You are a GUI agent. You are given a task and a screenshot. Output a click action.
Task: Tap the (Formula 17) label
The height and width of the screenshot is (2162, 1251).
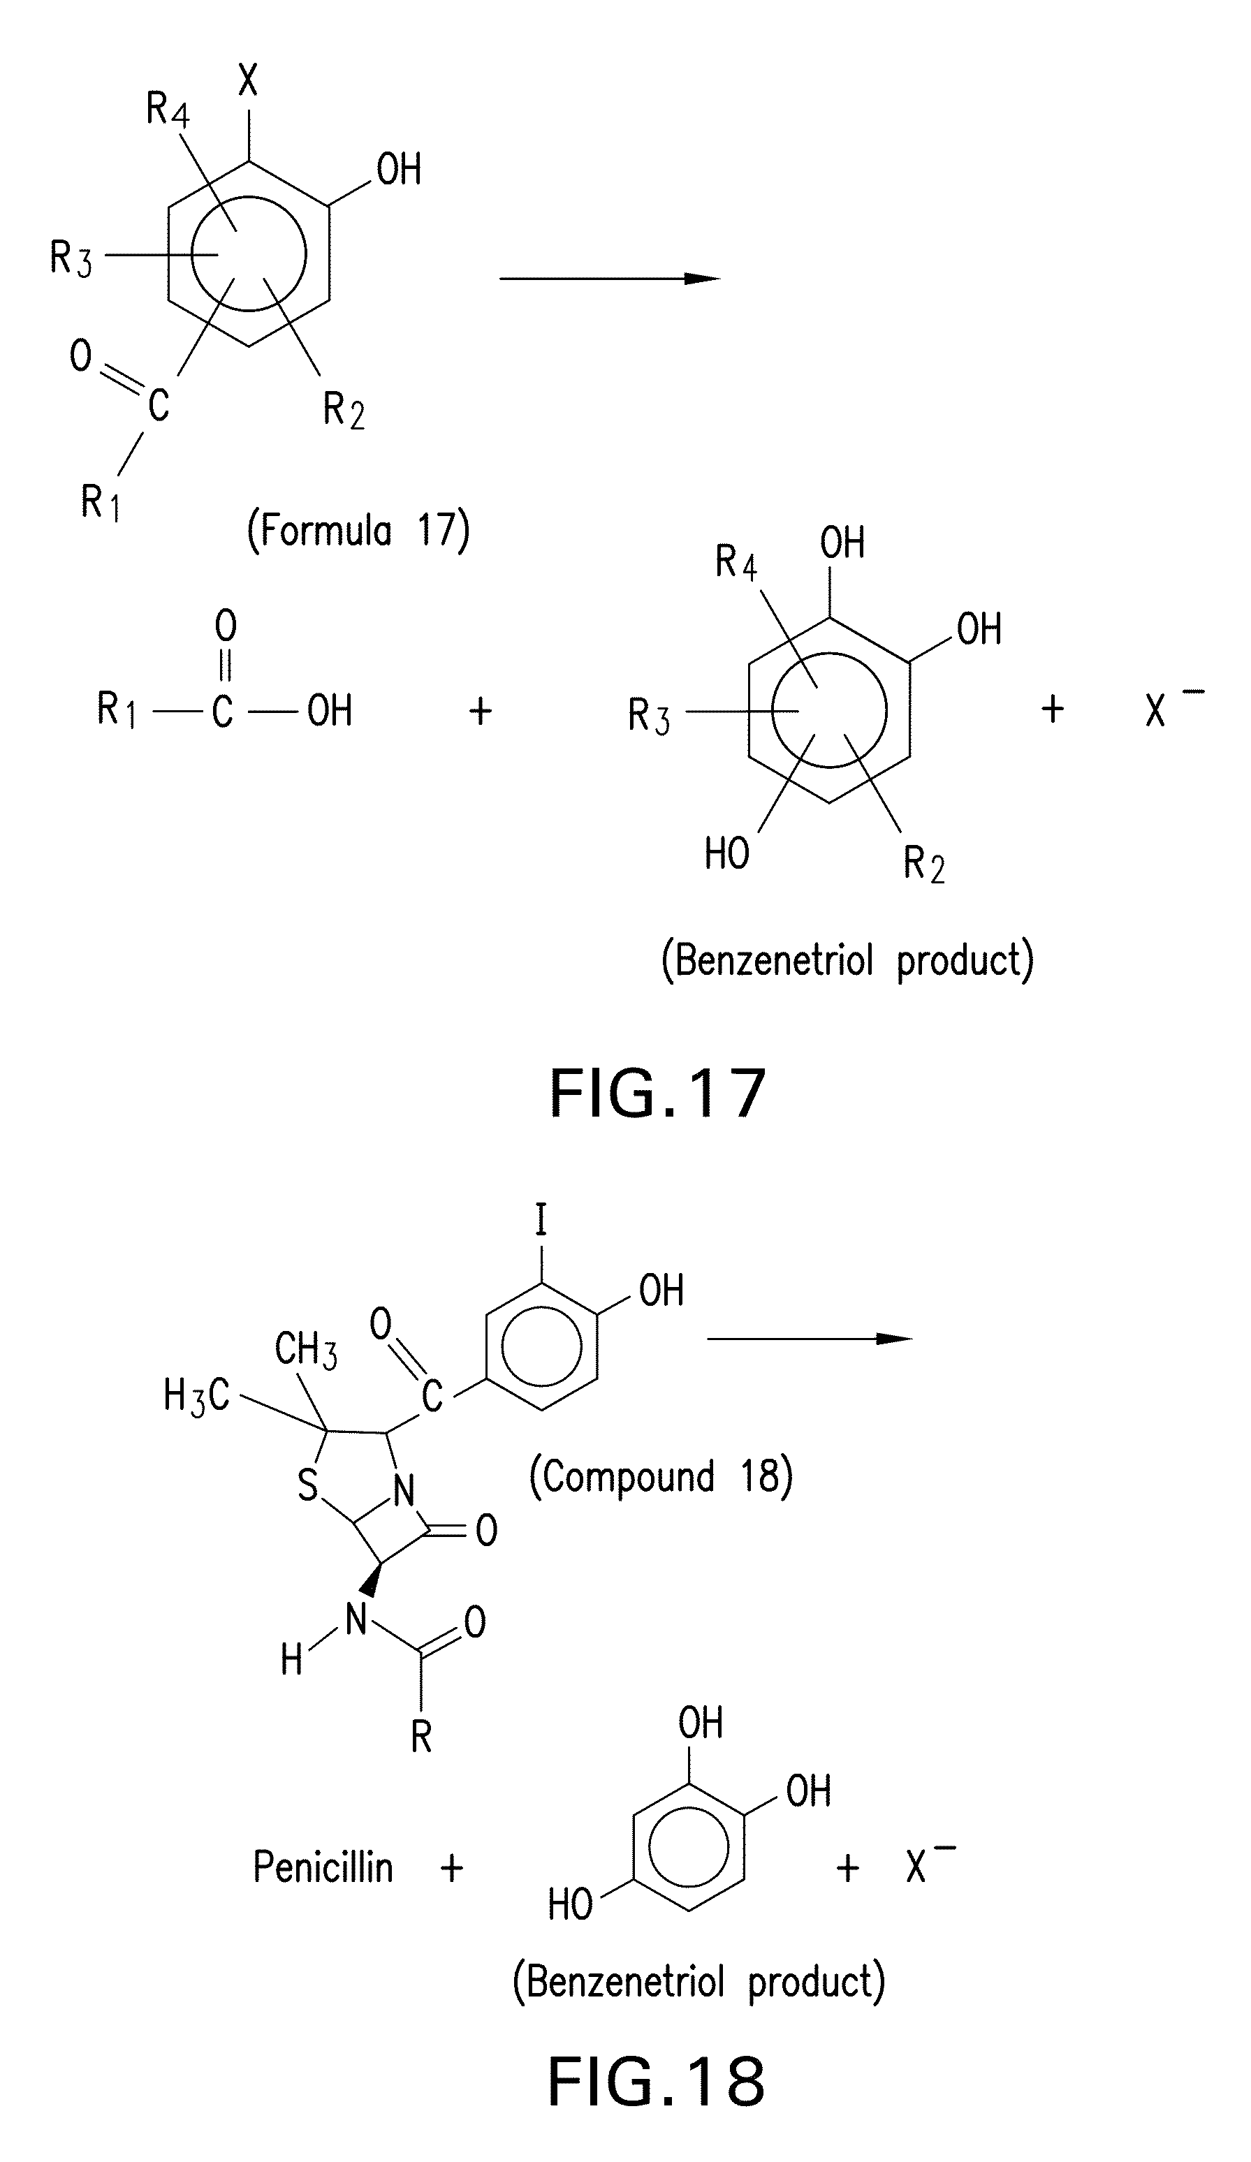pos(358,530)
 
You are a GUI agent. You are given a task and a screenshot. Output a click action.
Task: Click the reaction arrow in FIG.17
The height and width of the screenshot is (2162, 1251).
pos(609,278)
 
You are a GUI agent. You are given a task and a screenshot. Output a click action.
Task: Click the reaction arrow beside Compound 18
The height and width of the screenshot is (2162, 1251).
pos(808,1339)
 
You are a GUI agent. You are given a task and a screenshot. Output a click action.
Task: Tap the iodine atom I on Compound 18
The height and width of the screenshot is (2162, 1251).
pos(541,1219)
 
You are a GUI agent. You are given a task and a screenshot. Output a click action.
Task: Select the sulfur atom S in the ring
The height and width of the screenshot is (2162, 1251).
pos(307,1486)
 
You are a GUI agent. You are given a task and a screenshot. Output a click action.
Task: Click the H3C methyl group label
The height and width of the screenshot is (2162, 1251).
pos(196,1397)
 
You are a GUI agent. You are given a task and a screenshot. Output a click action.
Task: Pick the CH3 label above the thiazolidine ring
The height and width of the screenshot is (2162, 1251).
pos(305,1350)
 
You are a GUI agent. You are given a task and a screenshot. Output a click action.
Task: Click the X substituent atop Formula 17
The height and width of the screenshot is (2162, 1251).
pos(248,82)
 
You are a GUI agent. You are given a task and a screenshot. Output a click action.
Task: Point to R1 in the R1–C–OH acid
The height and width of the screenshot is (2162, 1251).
pos(116,710)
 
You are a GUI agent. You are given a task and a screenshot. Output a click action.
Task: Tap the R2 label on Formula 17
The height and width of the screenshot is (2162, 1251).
pos(343,410)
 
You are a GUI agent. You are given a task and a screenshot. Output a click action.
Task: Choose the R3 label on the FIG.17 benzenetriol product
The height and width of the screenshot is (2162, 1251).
pos(649,716)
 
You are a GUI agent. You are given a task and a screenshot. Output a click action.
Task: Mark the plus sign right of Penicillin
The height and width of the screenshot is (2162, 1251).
pos(451,1868)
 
